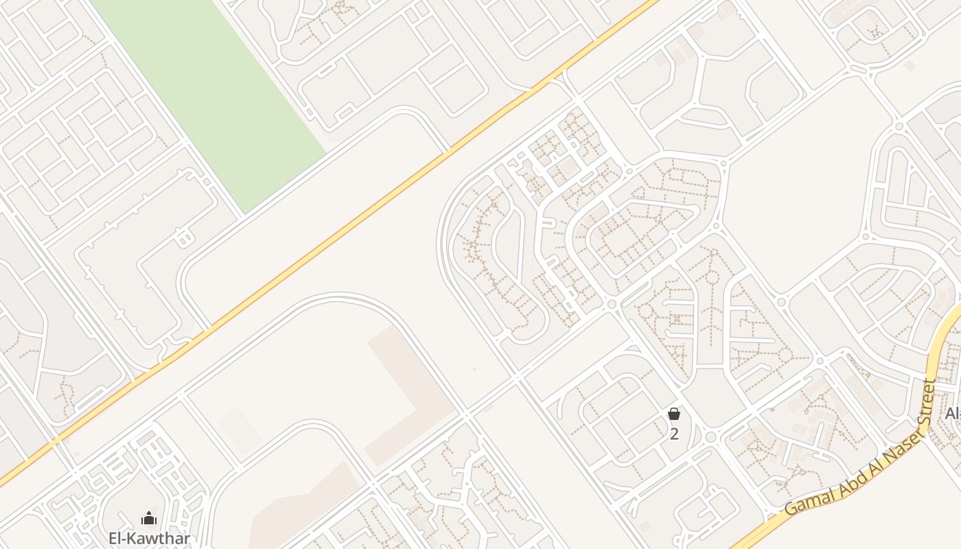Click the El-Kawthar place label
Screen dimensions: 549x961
click(149, 539)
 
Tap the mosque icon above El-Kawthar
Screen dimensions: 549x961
click(149, 519)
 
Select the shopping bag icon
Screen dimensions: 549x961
click(674, 414)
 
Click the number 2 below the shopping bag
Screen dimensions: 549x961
click(674, 434)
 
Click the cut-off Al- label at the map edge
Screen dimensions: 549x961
click(953, 413)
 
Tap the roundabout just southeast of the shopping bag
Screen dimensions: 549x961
click(711, 436)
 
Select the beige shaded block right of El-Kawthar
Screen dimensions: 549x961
click(302, 508)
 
